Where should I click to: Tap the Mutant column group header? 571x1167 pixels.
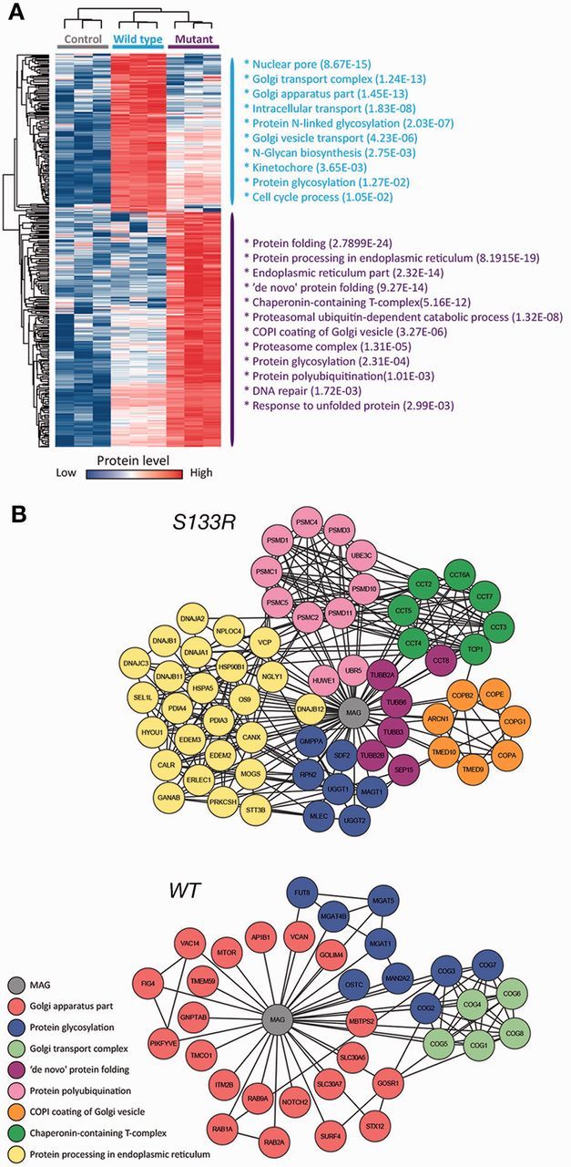pos(193,40)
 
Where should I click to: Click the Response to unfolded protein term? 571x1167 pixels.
pos(349,404)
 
